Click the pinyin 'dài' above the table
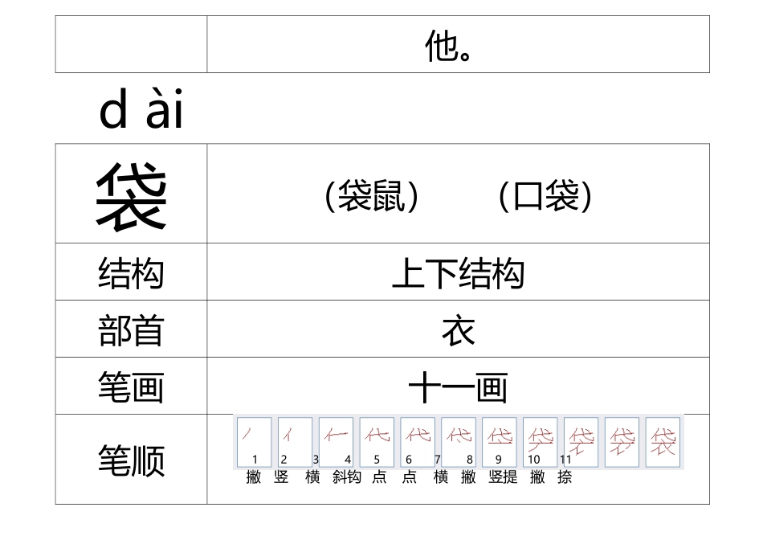click(x=141, y=112)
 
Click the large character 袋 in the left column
click(x=131, y=195)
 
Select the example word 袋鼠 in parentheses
click(x=372, y=195)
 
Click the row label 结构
click(x=131, y=272)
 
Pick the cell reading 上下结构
click(x=458, y=274)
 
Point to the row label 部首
click(x=131, y=330)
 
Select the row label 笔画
click(x=131, y=387)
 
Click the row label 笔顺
click(x=131, y=460)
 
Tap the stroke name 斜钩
click(x=347, y=477)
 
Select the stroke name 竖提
click(x=503, y=477)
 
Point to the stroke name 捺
click(x=565, y=477)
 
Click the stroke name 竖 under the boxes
click(x=281, y=477)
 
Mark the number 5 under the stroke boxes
click(x=377, y=460)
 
